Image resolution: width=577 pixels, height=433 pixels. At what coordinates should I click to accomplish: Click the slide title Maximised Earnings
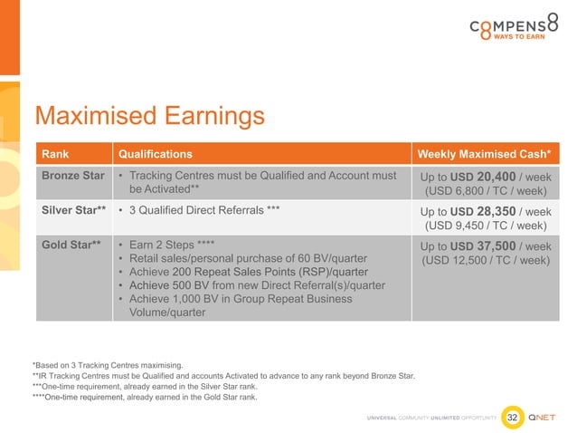coord(149,116)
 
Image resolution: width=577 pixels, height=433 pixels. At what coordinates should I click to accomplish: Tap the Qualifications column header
coord(156,154)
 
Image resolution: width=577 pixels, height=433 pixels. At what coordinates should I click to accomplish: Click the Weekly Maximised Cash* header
coord(487,154)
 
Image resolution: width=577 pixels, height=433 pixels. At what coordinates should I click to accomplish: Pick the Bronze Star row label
coord(72,175)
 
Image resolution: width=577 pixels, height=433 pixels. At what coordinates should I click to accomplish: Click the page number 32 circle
coord(513,417)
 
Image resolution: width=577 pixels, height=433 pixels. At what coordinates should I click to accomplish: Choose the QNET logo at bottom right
coord(546,417)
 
